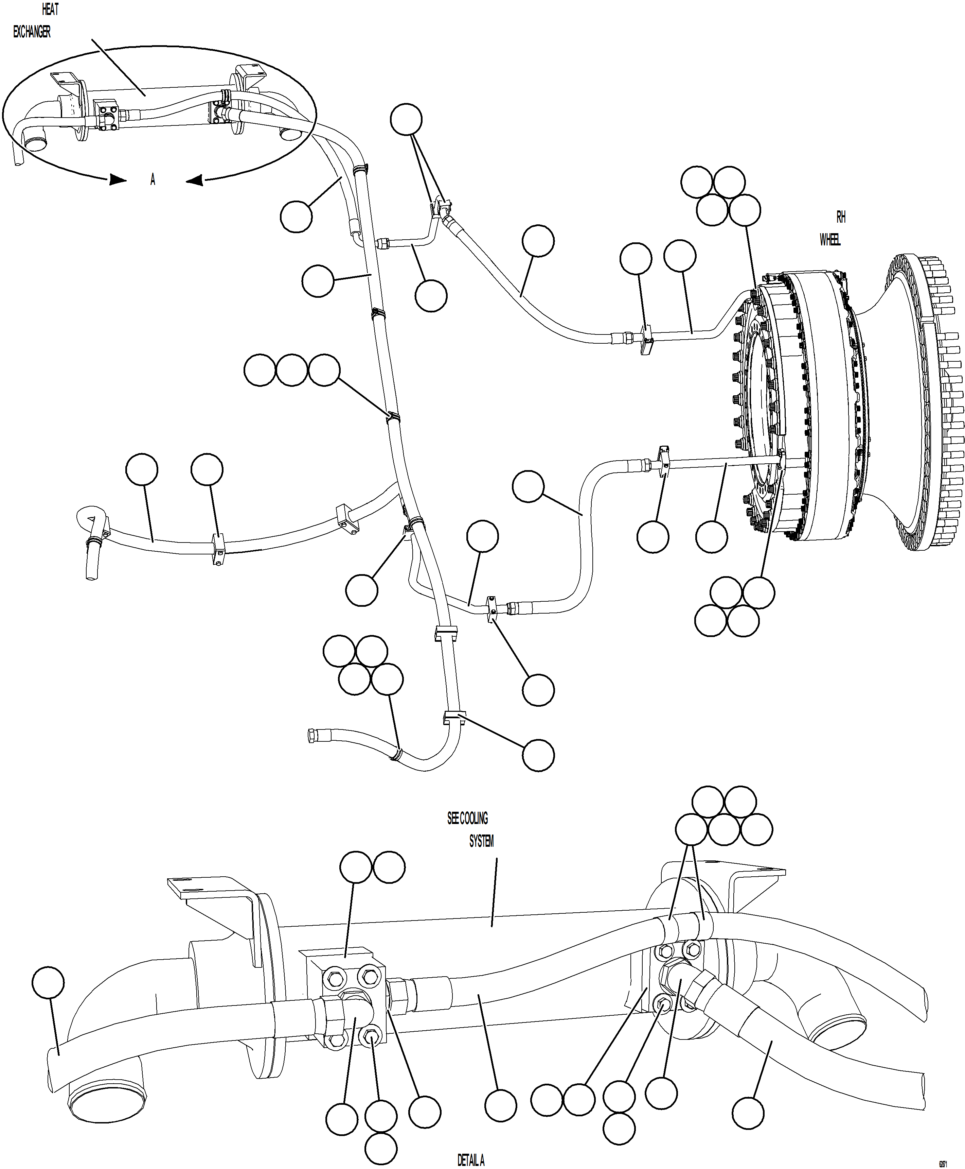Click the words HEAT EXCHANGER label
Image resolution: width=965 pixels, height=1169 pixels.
click(33, 21)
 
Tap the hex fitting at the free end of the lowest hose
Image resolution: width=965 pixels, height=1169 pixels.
click(311, 736)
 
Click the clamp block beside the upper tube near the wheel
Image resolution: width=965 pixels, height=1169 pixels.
click(646, 339)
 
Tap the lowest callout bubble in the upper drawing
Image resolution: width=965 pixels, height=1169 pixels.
click(538, 755)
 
